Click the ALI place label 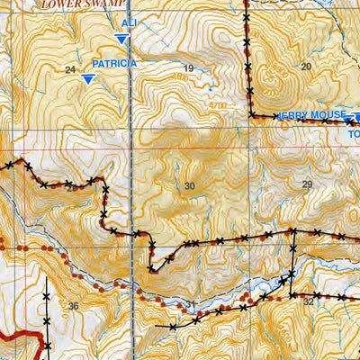tap(130, 22)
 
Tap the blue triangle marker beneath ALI tap(121, 38)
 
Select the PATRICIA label tap(114, 64)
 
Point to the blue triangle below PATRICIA tap(87, 79)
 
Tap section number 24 tap(70, 70)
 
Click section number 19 tap(188, 69)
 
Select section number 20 tap(305, 67)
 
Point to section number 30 tap(188, 186)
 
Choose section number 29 tap(307, 184)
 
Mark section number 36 tap(73, 306)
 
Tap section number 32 tap(309, 301)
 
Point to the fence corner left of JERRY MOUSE tap(250, 115)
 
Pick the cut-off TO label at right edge tap(353, 134)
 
